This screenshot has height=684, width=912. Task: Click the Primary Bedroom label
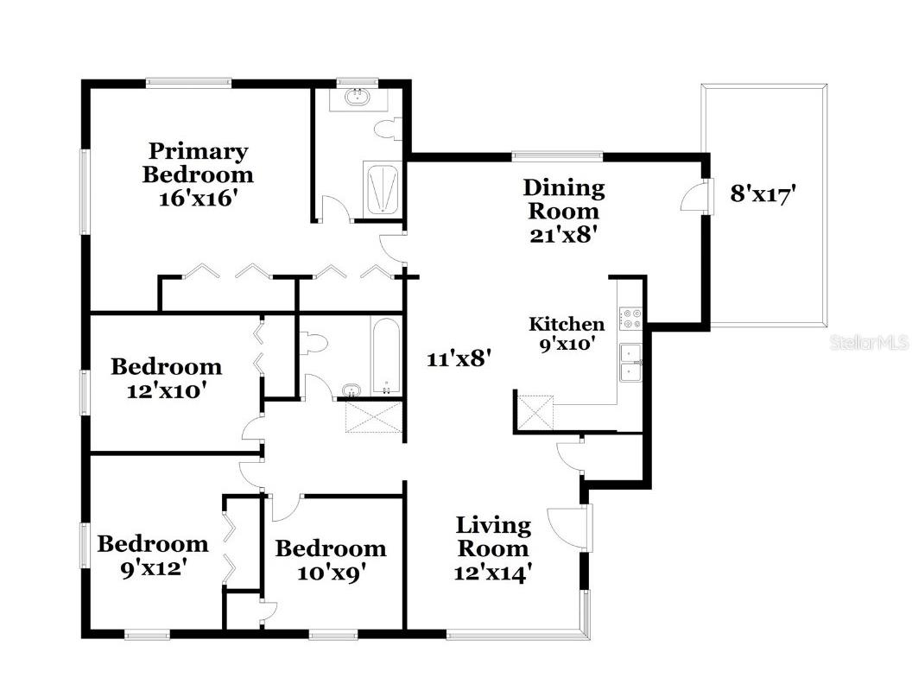click(x=198, y=163)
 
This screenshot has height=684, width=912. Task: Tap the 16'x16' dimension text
click(x=198, y=197)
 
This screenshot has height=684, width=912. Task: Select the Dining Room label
click(x=564, y=199)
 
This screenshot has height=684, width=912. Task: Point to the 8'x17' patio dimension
click(x=763, y=193)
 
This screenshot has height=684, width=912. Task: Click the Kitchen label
click(x=567, y=324)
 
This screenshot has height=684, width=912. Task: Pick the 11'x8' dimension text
click(x=459, y=358)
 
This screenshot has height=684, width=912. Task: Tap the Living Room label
click(x=493, y=536)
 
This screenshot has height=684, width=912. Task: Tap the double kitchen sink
click(x=631, y=362)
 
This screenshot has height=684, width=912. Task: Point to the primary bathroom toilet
click(x=386, y=130)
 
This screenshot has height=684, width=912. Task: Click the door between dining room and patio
click(x=694, y=198)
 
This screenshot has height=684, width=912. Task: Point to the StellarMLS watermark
click(x=869, y=343)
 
